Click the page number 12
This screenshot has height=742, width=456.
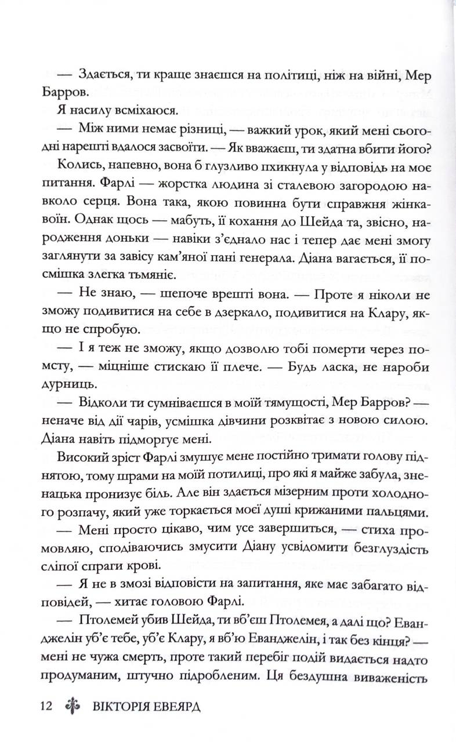[x=46, y=708]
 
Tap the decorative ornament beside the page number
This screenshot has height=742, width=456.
[x=72, y=708]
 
